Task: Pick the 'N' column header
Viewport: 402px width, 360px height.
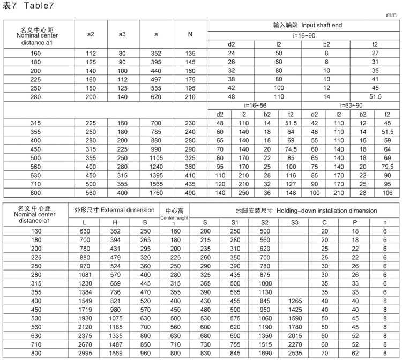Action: click(190, 35)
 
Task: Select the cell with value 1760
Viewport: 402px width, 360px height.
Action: click(156, 192)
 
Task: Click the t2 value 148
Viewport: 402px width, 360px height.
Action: click(291, 192)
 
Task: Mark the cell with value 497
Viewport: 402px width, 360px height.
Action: click(156, 79)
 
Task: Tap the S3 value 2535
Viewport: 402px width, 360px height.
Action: click(294, 354)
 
